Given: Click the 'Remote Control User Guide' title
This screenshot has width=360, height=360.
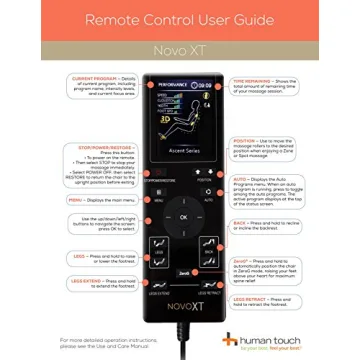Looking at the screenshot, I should click(x=180, y=19).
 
